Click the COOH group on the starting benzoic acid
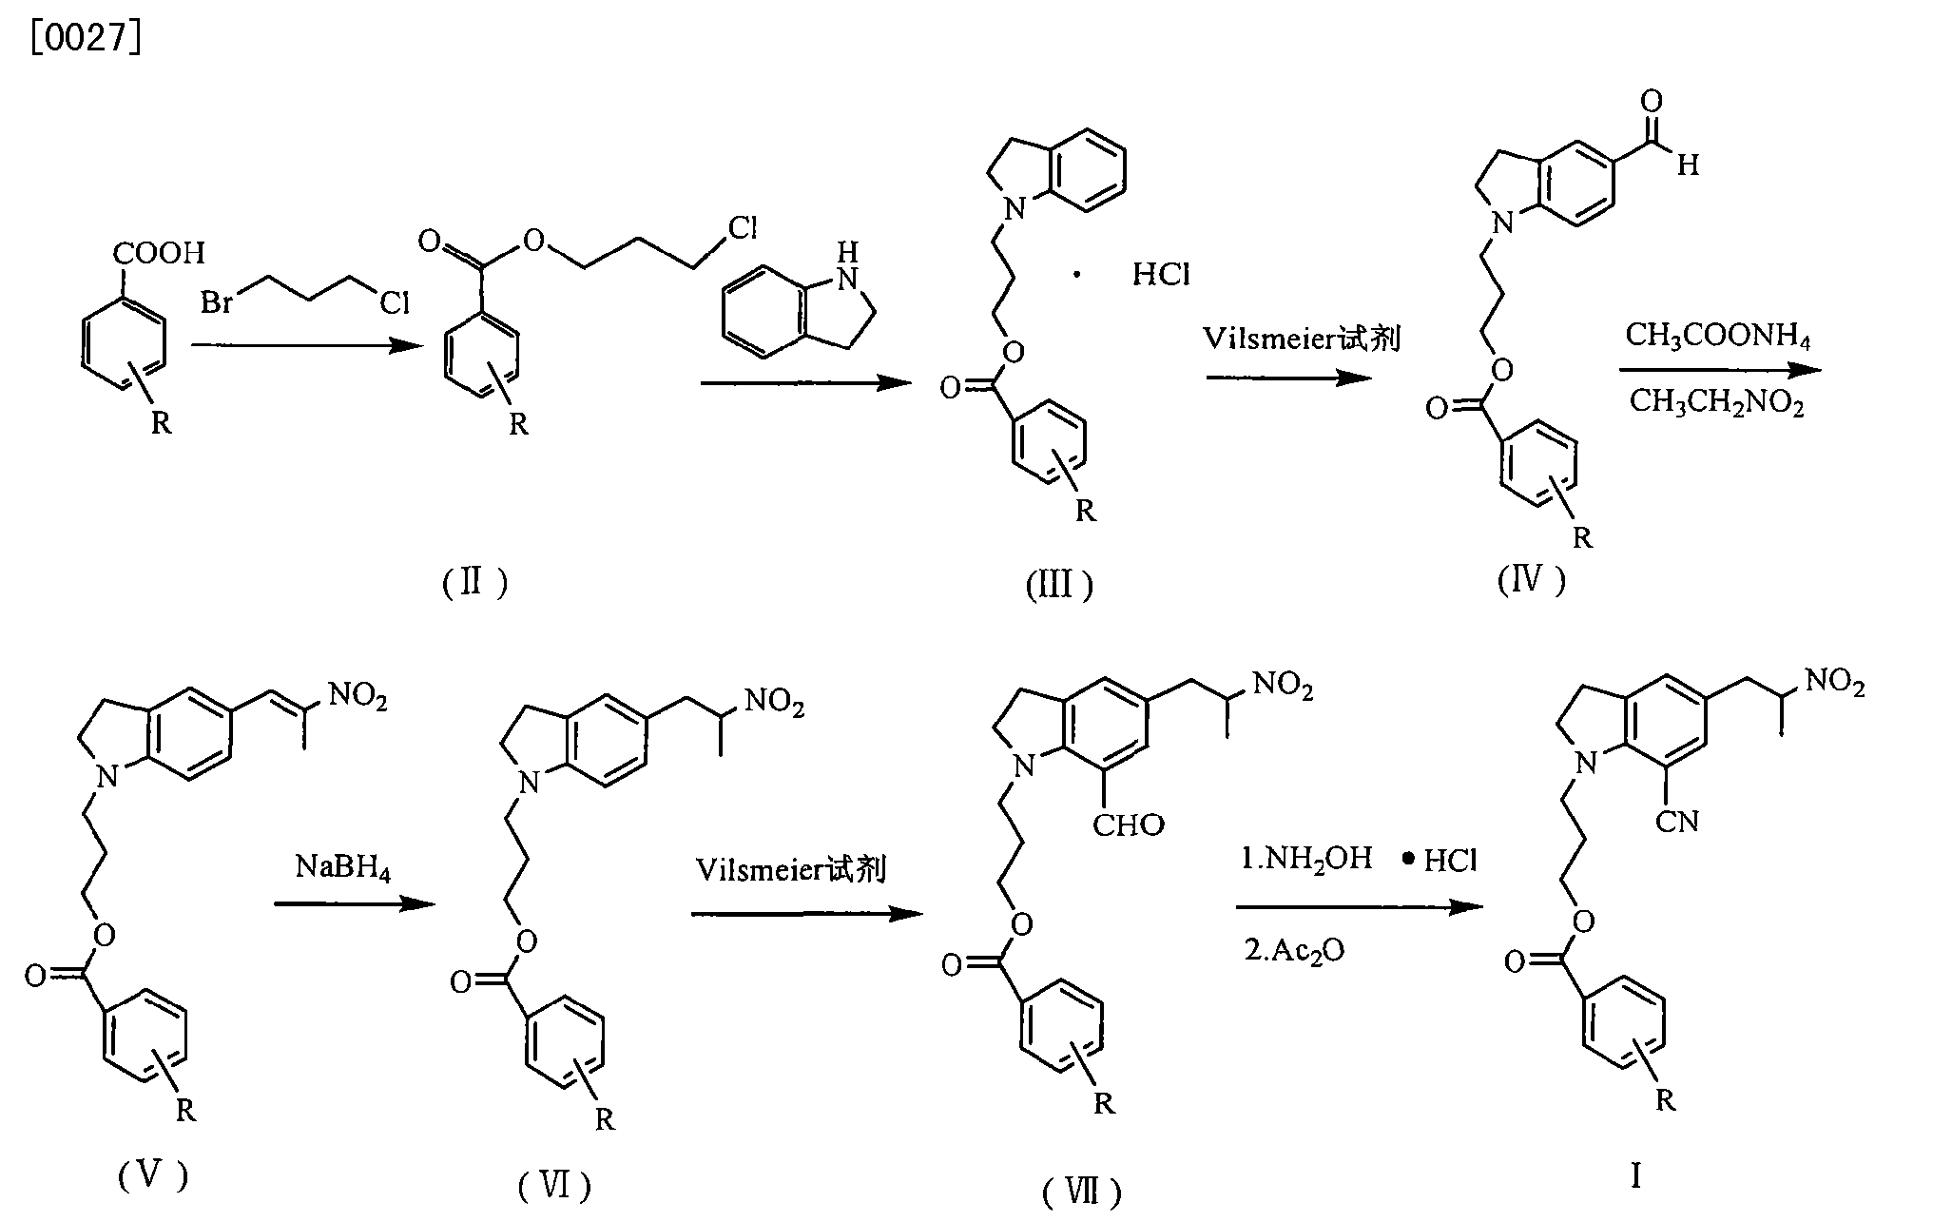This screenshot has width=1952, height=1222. click(159, 253)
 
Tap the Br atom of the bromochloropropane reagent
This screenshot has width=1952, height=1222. click(218, 302)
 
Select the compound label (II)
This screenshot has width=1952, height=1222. click(474, 582)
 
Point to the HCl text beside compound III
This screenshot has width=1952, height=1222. click(1161, 275)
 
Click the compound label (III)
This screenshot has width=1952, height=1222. click(1059, 585)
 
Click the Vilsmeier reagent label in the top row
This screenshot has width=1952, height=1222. click(1302, 339)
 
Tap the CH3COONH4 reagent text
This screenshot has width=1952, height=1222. click(1718, 336)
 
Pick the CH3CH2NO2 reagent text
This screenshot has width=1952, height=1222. click(1716, 402)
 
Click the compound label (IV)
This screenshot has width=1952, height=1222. click(1531, 579)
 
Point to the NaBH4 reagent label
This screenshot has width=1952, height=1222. click(343, 866)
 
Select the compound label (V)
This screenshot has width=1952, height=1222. click(152, 1177)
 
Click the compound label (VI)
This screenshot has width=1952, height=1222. click(554, 1185)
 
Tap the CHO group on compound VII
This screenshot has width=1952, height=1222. click(1128, 824)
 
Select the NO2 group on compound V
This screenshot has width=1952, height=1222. click(358, 698)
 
